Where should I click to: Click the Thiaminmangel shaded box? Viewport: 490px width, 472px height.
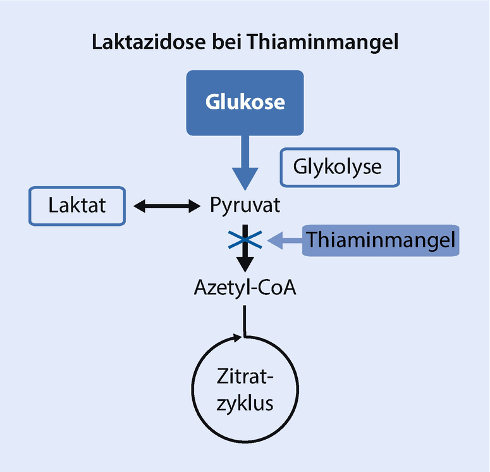(x=381, y=240)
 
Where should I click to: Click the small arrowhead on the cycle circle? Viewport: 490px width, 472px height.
(x=237, y=338)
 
